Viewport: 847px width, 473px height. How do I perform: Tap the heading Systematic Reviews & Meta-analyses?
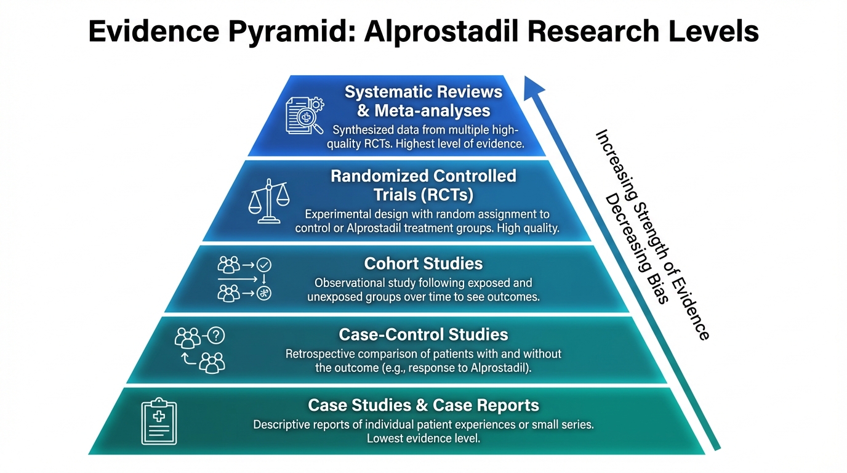pos(423,102)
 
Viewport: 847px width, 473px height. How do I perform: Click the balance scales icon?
pos(268,201)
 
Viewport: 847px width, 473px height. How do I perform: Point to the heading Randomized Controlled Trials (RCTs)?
pos(423,185)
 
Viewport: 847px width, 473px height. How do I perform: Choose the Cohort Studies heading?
pos(423,264)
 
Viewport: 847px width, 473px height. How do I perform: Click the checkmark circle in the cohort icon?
pos(264,265)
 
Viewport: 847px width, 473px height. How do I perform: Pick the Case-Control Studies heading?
pos(423,334)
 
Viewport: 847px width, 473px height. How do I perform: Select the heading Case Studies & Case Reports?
pos(423,405)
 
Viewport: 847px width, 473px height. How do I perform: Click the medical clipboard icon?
pos(159,421)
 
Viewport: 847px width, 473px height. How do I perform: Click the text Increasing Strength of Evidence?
pos(653,234)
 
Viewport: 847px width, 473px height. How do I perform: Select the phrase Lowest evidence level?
pos(423,439)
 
